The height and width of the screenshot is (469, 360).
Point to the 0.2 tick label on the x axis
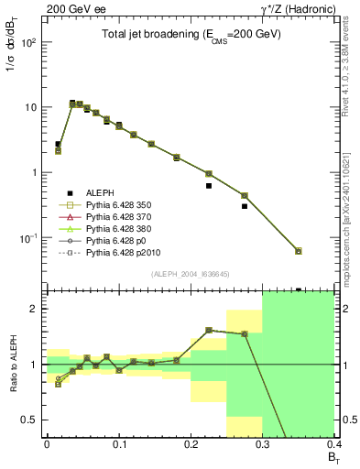[x=191, y=442]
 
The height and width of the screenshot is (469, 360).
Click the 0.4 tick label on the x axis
[x=333, y=442]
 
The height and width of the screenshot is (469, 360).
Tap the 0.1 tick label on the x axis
[x=118, y=442]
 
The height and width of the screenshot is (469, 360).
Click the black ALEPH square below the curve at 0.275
[x=245, y=206]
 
